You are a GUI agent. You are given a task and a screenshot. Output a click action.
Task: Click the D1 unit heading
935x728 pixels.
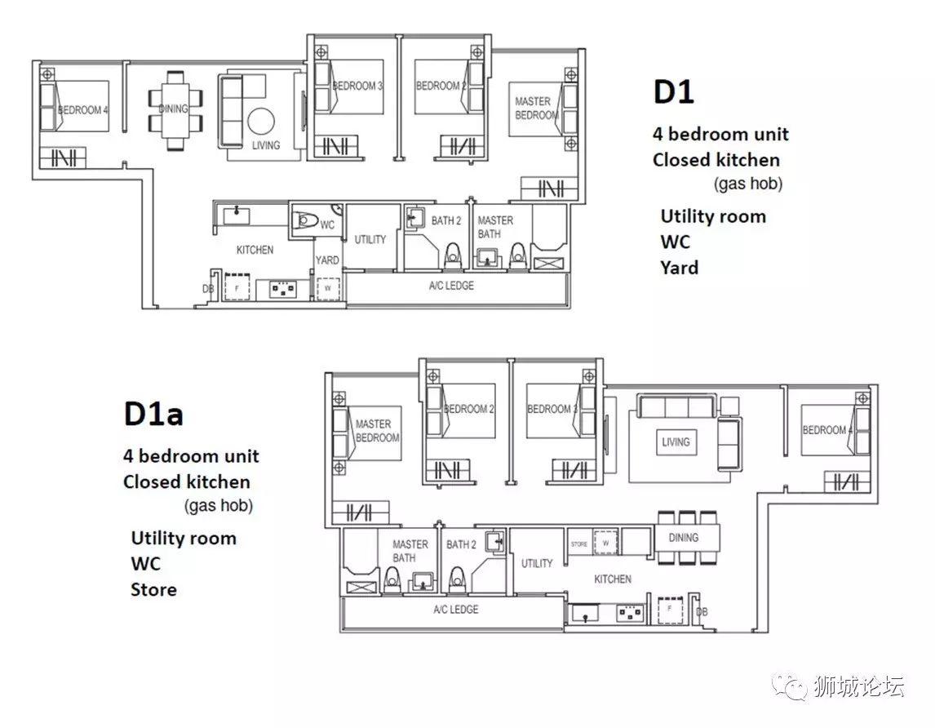tap(674, 92)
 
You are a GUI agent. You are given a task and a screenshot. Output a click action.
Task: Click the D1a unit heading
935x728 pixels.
tap(153, 414)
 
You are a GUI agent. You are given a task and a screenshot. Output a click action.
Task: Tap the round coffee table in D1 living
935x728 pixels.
tap(261, 122)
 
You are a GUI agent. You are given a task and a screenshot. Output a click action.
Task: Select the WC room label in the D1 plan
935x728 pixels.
tap(327, 225)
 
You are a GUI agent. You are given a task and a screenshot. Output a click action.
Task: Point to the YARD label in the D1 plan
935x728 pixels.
tap(327, 260)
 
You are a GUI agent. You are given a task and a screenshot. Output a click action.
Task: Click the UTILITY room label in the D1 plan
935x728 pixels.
tap(370, 239)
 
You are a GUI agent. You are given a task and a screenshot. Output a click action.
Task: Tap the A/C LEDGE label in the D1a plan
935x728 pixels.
tap(456, 610)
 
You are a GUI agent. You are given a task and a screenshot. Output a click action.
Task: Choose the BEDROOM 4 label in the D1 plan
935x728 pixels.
tap(83, 110)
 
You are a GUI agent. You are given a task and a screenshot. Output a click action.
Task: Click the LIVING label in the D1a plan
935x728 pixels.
tap(676, 442)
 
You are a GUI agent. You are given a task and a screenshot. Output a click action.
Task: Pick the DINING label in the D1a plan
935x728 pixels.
tap(684, 538)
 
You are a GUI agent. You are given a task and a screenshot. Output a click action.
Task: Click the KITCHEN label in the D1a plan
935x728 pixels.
tap(613, 579)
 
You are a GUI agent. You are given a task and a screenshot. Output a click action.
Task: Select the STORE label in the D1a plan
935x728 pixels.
tap(579, 544)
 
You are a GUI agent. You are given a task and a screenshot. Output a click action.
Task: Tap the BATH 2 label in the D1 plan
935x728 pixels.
tap(446, 221)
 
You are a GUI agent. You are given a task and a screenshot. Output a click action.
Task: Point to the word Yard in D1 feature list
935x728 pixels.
tap(679, 268)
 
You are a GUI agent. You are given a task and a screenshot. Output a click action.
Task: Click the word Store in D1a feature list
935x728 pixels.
tap(154, 589)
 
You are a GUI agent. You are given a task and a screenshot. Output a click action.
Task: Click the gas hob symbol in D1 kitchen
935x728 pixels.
tap(283, 290)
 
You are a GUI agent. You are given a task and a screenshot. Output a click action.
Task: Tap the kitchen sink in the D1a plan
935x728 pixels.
tap(585, 614)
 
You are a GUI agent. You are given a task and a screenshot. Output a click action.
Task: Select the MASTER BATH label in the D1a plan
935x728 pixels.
tap(410, 551)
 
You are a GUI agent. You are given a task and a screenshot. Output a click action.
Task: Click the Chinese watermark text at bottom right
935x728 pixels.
tap(858, 687)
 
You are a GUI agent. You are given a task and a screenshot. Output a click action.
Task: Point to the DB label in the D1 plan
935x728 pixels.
tap(208, 289)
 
